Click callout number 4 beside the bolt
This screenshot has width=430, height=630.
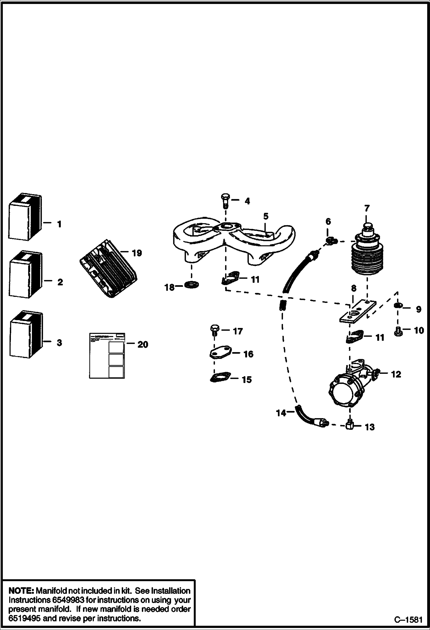click(x=247, y=201)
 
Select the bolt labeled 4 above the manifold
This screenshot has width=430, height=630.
click(x=225, y=201)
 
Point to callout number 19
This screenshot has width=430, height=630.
click(x=137, y=253)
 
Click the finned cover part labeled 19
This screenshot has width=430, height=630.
click(x=108, y=268)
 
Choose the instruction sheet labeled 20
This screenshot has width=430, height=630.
click(x=107, y=355)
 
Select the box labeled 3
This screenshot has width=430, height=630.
click(x=26, y=335)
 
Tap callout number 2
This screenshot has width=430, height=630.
click(x=60, y=282)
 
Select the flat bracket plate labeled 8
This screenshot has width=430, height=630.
click(x=357, y=312)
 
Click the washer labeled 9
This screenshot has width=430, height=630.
click(x=398, y=305)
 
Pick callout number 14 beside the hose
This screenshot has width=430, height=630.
click(x=281, y=413)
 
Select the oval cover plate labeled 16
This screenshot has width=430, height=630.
click(x=220, y=353)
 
